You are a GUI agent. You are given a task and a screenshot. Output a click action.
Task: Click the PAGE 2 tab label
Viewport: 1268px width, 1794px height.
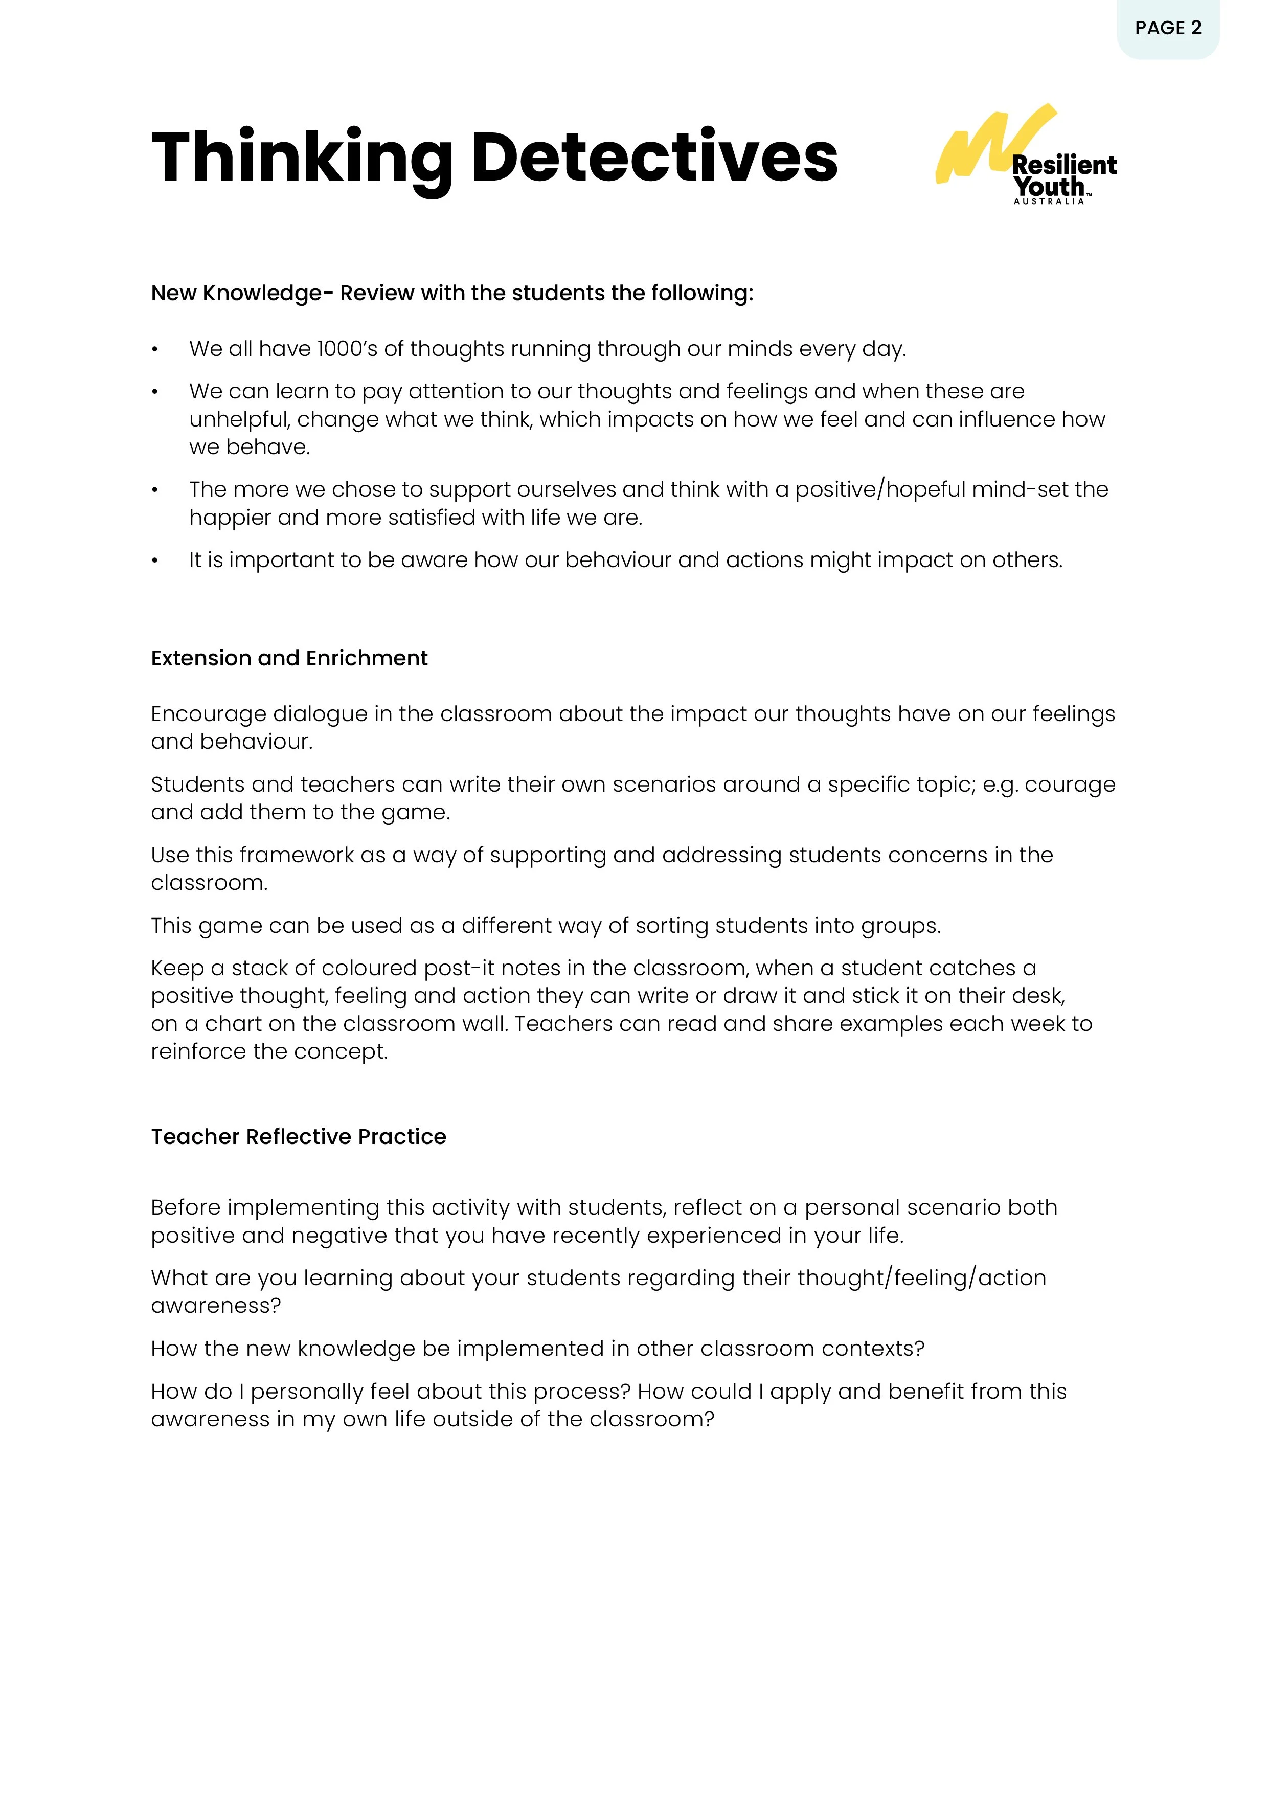click(x=1167, y=28)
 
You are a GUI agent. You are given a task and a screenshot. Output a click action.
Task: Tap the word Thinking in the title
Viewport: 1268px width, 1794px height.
click(x=302, y=159)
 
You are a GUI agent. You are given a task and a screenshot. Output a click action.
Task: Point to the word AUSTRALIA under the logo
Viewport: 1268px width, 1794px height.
click(x=1049, y=201)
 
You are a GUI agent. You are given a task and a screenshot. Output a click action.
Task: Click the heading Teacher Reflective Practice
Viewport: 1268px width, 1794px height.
click(x=299, y=1136)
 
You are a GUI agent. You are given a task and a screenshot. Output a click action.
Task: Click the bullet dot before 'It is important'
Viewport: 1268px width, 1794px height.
click(x=155, y=561)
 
